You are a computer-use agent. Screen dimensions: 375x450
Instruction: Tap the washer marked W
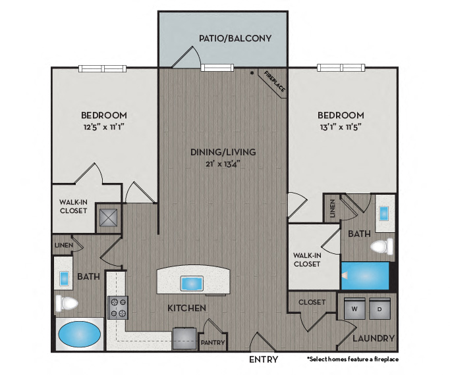click(x=355, y=309)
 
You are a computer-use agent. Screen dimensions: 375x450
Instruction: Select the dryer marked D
click(x=380, y=309)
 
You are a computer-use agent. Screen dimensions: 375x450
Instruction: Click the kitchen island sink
click(x=192, y=284)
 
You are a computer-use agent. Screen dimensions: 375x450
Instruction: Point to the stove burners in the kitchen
click(x=117, y=307)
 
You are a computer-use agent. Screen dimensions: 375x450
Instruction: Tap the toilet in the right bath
click(x=381, y=247)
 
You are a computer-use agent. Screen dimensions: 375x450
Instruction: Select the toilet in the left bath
click(x=67, y=303)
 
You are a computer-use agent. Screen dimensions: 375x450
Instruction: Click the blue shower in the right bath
click(x=367, y=276)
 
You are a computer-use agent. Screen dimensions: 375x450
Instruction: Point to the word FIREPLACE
click(x=272, y=82)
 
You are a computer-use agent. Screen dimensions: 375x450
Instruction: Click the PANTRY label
click(x=213, y=343)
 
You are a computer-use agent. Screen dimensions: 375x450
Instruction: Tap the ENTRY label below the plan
click(x=264, y=360)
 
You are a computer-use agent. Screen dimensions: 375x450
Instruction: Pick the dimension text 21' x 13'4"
click(x=223, y=164)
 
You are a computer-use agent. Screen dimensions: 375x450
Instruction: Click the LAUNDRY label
click(x=373, y=339)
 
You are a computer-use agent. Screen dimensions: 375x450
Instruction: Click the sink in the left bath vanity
click(x=64, y=278)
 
